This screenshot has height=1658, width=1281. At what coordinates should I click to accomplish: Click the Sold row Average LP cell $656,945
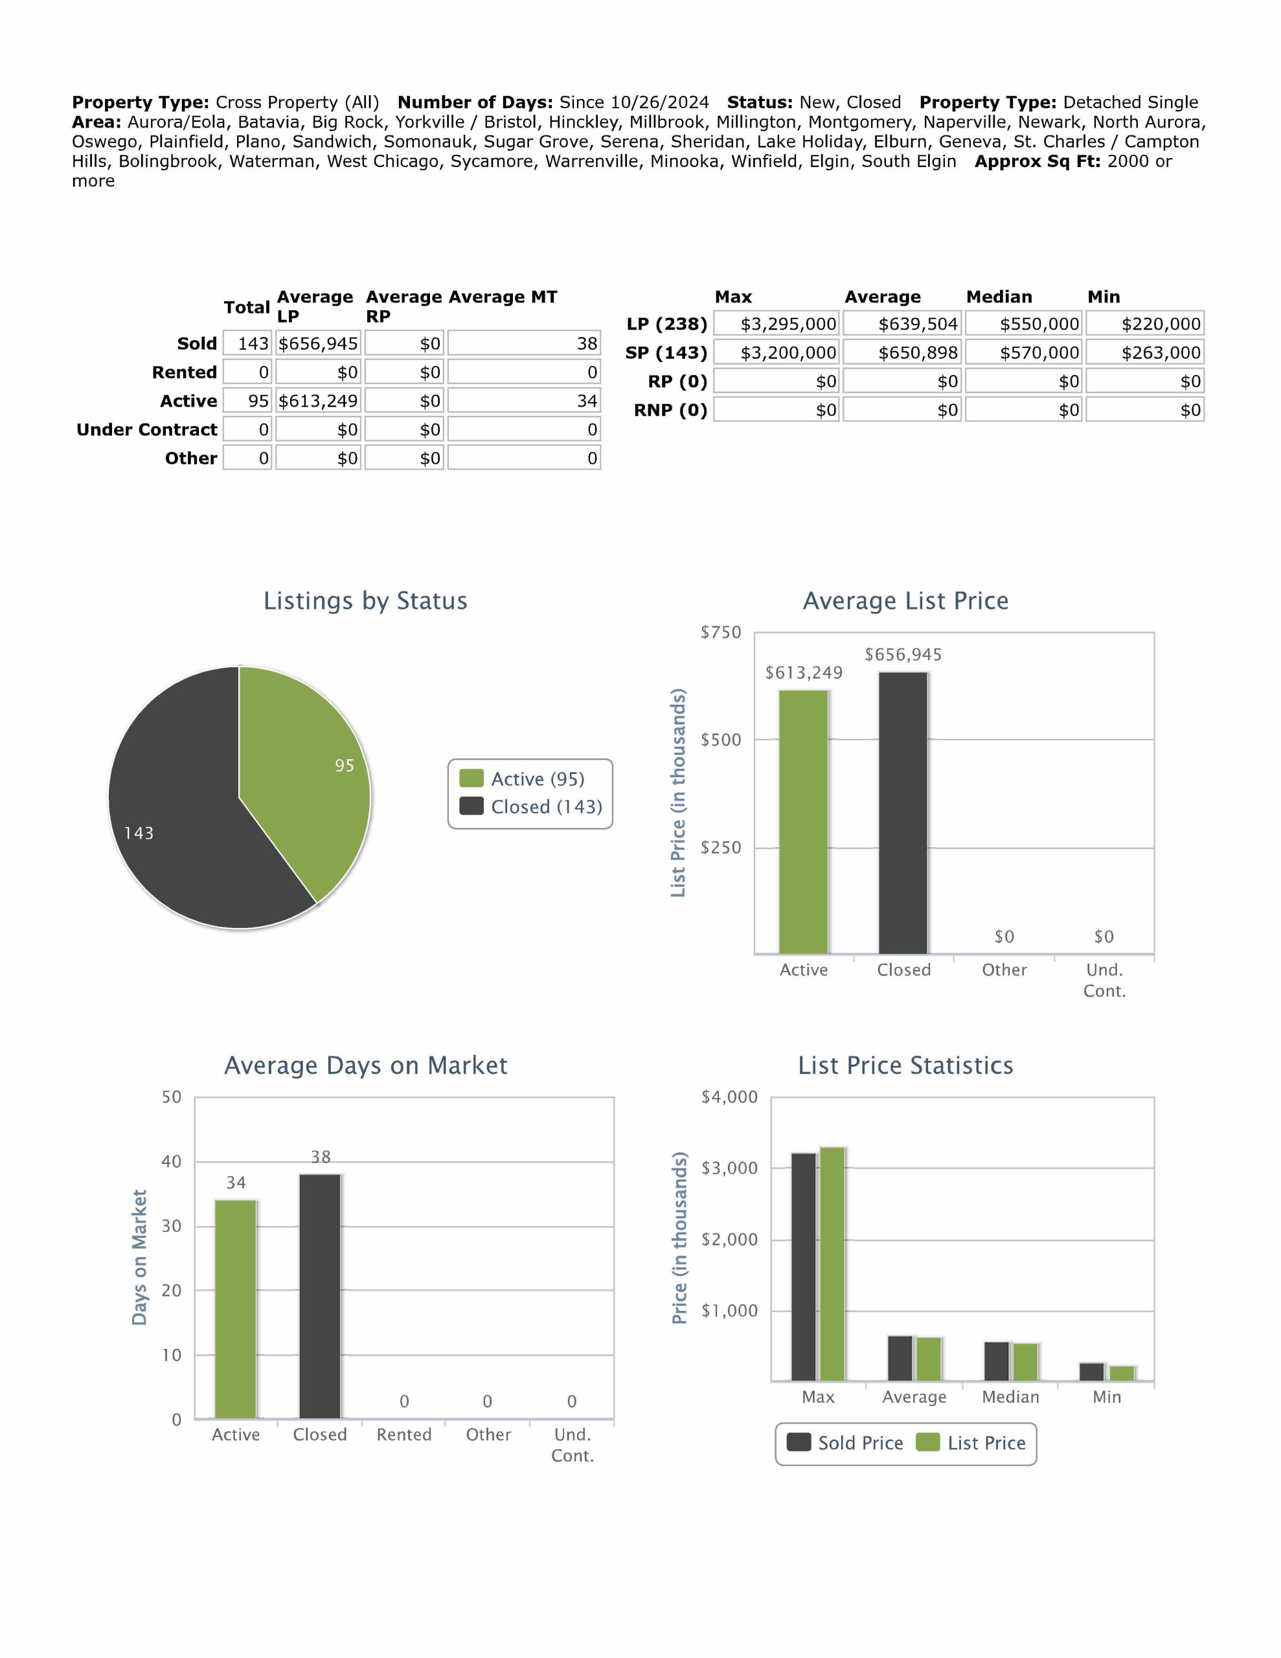pyautogui.click(x=318, y=343)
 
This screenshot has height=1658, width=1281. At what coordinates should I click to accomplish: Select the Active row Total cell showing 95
pyautogui.click(x=247, y=401)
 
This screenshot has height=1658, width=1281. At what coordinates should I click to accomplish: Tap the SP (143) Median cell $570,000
pyautogui.click(x=1025, y=352)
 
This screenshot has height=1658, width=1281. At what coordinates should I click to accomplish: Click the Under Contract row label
pyautogui.click(x=146, y=429)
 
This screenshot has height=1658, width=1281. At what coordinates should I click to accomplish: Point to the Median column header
pyautogui.click(x=999, y=297)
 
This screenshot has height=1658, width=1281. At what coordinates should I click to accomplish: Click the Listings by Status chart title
pyautogui.click(x=365, y=600)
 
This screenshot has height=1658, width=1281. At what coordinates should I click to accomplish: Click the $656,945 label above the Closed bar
pyautogui.click(x=903, y=654)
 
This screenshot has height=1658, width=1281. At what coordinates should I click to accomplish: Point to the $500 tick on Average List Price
pyautogui.click(x=721, y=740)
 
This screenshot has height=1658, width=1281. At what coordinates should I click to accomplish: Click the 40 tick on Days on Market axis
pyautogui.click(x=172, y=1161)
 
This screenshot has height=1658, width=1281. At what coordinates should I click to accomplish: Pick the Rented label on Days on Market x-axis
pyautogui.click(x=404, y=1434)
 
